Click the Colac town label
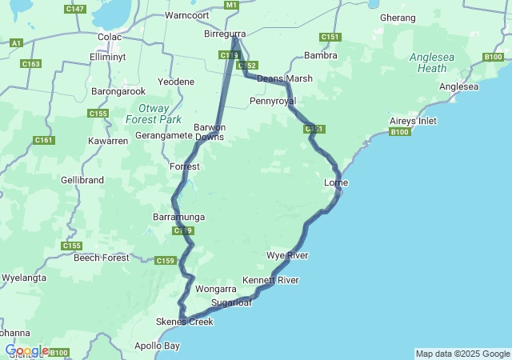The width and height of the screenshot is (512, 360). [x=109, y=37]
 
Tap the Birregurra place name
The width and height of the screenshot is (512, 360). [x=225, y=34]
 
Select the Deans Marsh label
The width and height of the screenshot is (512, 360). [x=285, y=78]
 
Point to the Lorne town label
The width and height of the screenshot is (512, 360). [x=335, y=183]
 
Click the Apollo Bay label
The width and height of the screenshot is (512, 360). [x=157, y=346]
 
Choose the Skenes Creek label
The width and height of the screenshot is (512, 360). [x=185, y=322]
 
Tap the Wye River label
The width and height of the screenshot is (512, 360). [x=287, y=255]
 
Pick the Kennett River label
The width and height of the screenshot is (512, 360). [x=270, y=280]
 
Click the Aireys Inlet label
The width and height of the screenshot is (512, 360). [x=414, y=121]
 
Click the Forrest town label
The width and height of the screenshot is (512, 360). [x=185, y=166]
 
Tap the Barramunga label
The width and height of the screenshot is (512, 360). [x=178, y=217]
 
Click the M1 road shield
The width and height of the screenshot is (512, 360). [x=232, y=6]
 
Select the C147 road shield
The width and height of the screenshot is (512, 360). [x=75, y=9]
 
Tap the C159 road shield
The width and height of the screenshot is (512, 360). [x=165, y=261]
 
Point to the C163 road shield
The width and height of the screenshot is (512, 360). [x=31, y=64]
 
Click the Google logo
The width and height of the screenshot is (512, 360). [x=26, y=350]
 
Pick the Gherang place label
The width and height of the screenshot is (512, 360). [x=398, y=17]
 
